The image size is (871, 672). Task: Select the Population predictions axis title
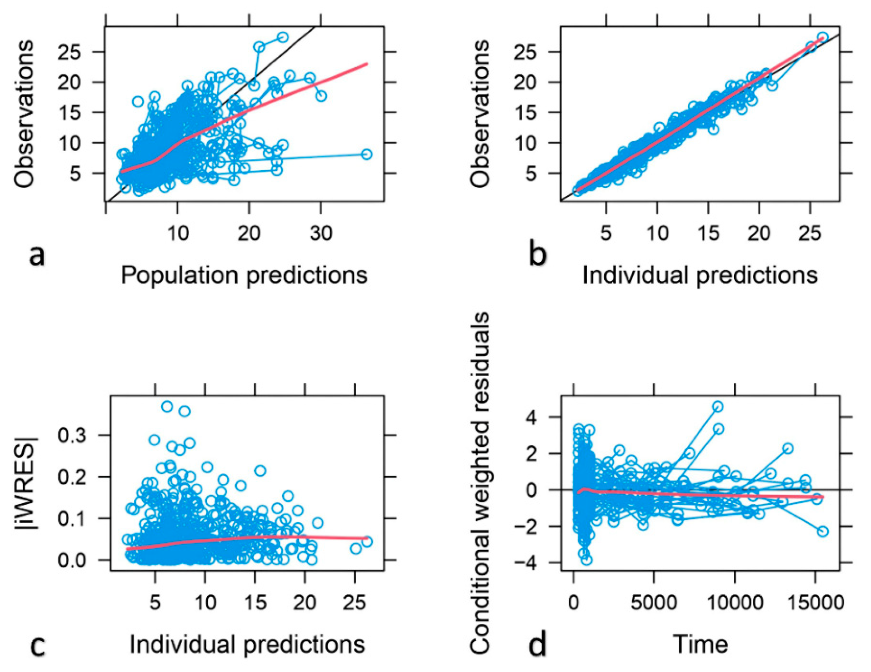click(244, 275)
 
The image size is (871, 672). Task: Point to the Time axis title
click(701, 644)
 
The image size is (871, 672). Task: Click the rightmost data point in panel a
click(367, 155)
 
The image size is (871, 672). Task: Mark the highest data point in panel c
click(167, 407)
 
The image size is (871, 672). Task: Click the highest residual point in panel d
click(718, 407)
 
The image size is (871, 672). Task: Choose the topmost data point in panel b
click(823, 37)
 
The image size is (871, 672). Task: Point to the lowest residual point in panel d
click(586, 560)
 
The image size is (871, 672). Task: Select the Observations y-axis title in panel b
click(479, 114)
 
